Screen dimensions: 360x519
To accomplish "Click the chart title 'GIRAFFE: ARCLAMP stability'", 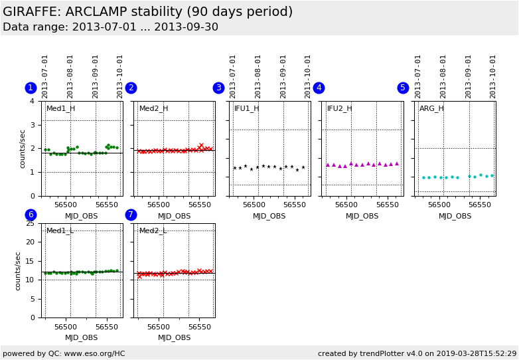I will (147, 12).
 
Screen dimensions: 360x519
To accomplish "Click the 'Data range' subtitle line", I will (110, 27).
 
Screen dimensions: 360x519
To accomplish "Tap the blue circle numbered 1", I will (31, 88).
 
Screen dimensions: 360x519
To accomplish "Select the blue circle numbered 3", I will (218, 88).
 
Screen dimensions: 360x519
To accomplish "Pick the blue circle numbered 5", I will (403, 88).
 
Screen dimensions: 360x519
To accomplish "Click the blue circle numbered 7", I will (131, 215).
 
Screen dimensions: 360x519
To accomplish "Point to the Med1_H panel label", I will (60, 108).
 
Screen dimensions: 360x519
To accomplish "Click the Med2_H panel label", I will (153, 108).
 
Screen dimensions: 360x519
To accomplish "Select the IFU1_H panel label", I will (246, 108).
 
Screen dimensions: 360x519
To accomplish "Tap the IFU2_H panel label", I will (339, 108).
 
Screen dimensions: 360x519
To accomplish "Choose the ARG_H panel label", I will (431, 108).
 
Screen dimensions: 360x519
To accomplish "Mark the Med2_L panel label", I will (153, 230).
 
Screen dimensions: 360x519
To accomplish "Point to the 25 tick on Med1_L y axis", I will (29, 223).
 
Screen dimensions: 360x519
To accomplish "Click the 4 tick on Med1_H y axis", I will (32, 101).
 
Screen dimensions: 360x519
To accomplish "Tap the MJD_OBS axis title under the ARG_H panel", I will (455, 216).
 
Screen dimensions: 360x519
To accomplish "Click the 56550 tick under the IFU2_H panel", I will (386, 205).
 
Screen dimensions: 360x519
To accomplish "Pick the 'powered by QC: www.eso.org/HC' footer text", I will (64, 353).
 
